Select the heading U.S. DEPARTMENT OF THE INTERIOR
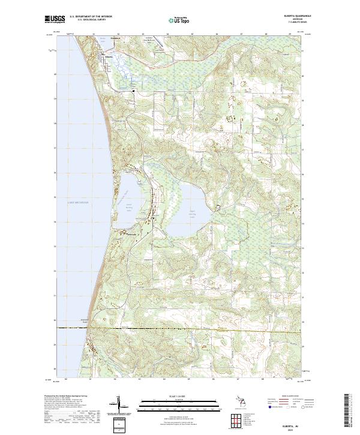click(91, 17)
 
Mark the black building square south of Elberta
click(133, 91)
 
